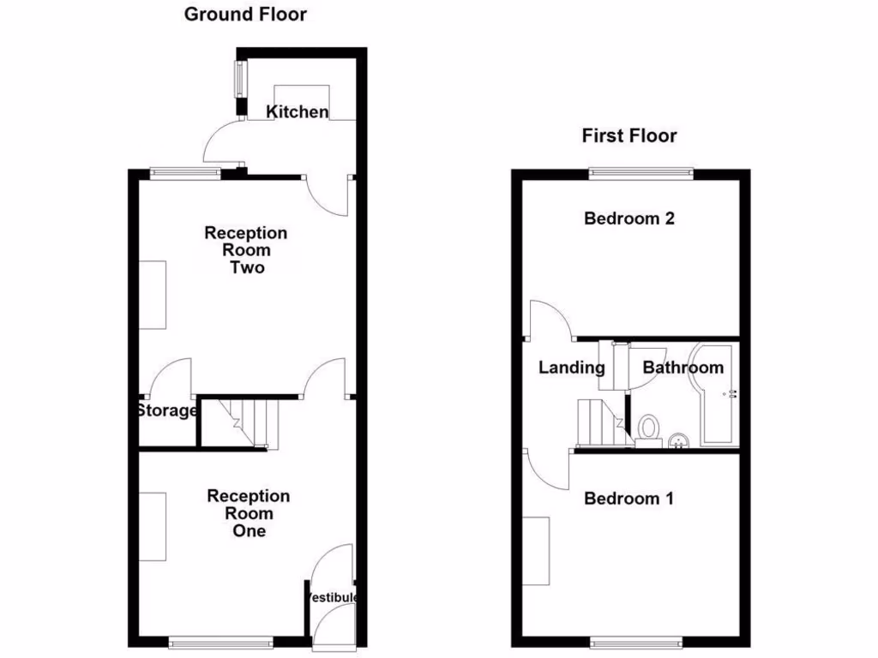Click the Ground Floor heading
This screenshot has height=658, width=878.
click(x=245, y=15)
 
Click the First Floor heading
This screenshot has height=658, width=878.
click(x=629, y=135)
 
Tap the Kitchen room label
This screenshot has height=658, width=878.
click(x=297, y=112)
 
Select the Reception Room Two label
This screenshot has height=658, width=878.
click(x=246, y=250)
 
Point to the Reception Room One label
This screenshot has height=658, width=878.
click(x=249, y=513)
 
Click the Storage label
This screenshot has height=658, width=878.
click(x=166, y=411)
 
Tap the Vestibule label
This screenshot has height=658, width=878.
click(x=332, y=597)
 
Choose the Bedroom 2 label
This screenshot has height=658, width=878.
click(x=629, y=218)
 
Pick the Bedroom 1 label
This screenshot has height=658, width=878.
click(x=628, y=499)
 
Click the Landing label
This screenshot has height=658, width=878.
click(x=571, y=368)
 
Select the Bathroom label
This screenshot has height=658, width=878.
click(x=683, y=368)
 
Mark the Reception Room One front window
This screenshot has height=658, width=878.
click(x=220, y=640)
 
